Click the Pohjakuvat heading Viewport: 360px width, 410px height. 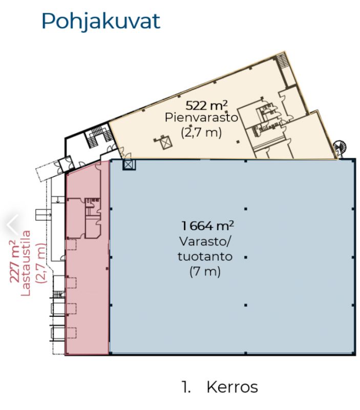(x=101, y=22)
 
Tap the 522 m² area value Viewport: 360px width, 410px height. (x=206, y=106)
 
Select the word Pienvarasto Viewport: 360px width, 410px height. (x=201, y=117)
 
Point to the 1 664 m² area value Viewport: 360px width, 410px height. (x=208, y=225)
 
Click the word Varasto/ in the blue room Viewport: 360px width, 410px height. (x=205, y=241)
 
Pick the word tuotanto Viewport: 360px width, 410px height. (x=205, y=257)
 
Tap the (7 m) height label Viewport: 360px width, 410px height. (x=205, y=272)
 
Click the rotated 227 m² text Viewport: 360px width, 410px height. (x=15, y=261)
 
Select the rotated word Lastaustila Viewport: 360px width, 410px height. (x=26, y=263)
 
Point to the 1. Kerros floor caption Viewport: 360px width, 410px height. (x=220, y=387)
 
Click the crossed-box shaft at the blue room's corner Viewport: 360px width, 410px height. (x=129, y=165)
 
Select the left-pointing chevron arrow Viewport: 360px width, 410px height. (x=12, y=224)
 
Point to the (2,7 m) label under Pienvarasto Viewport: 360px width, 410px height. (x=201, y=132)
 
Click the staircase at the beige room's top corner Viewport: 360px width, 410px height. (x=283, y=60)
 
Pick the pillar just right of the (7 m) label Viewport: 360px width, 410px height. (x=246, y=257)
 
